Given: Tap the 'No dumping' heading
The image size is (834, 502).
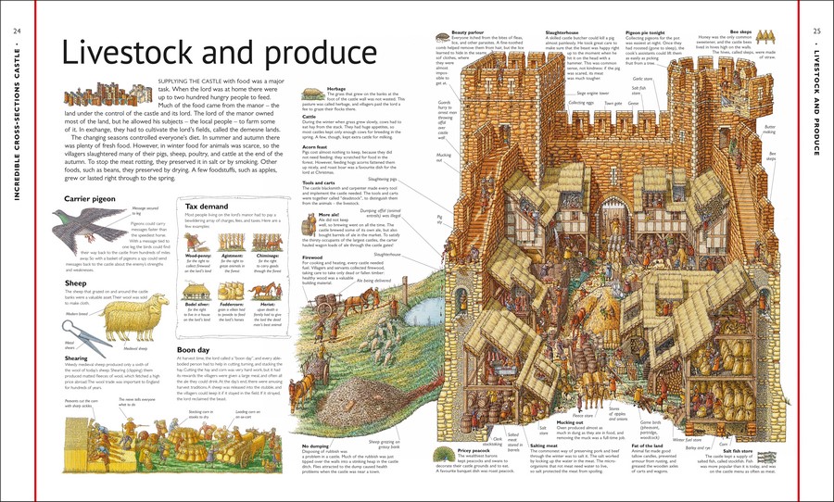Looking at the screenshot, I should [319, 446].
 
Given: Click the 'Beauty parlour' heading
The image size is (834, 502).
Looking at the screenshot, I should [469, 6].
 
